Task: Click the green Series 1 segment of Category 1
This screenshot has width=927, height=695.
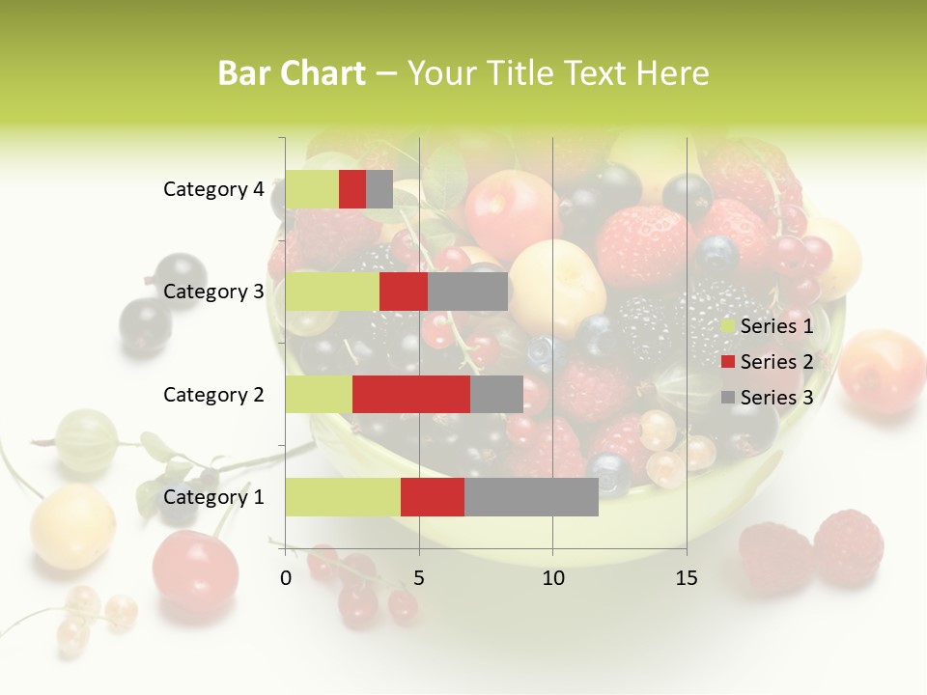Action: coord(343,496)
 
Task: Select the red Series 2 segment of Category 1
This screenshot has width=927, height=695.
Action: coord(433,496)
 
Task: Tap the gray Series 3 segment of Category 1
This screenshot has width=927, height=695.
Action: coord(531,496)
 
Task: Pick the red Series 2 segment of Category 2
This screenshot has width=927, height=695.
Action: coord(411,394)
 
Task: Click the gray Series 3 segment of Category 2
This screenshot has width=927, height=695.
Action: coord(496,394)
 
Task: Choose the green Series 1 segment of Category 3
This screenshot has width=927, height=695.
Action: coord(332,292)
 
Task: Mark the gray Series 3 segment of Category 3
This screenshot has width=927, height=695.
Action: coord(467,292)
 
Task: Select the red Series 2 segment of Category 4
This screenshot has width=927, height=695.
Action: coord(352,189)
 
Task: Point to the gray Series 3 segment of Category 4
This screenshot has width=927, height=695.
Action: coord(379,189)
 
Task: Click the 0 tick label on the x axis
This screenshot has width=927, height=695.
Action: coord(286,578)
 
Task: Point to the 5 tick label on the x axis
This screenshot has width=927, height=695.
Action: coord(419,578)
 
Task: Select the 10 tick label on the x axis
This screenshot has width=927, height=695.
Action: coord(552,578)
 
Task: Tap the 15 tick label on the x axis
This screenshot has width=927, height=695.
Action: coord(686,578)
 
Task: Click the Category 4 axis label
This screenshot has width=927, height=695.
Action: coord(213,189)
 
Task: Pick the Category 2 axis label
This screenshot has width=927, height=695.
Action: coord(213,394)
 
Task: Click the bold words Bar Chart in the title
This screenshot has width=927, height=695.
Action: coord(292,72)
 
